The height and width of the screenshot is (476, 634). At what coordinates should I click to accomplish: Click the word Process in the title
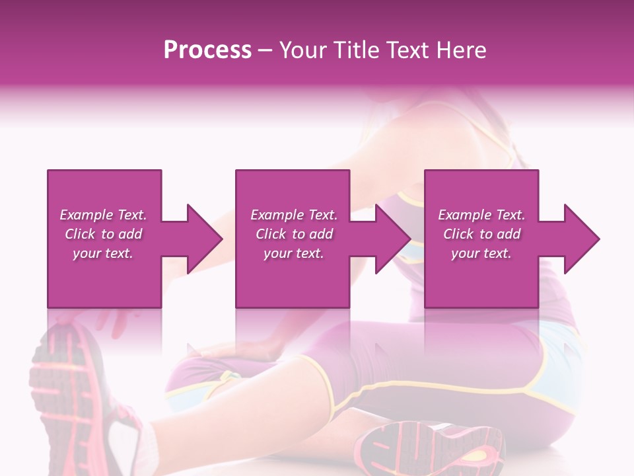coord(207,50)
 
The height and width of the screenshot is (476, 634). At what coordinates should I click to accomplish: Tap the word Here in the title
coord(460,50)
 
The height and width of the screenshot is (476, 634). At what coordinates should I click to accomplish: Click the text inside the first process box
coord(103,234)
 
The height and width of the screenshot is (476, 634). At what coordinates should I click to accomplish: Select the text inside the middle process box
coord(293,234)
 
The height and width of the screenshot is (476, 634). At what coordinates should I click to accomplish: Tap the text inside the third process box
coord(481,234)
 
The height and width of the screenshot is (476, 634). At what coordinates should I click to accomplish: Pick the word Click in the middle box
coord(270,234)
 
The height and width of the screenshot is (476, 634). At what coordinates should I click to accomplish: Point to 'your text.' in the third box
coord(481,253)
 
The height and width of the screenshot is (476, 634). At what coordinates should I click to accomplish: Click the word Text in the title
coord(411,50)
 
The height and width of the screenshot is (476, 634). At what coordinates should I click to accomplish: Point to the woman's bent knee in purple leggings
coord(330,370)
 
